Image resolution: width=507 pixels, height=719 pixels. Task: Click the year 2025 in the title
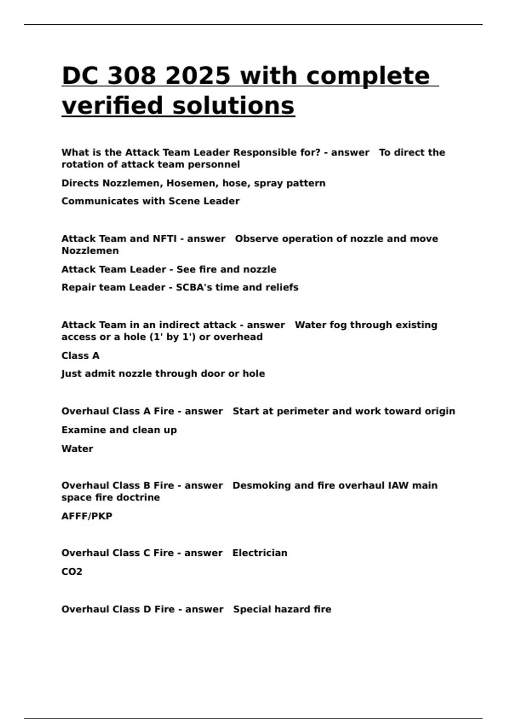coord(198,76)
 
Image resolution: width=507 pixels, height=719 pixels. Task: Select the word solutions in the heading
coord(233,105)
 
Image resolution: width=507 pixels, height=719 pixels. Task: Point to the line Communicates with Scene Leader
coord(150,201)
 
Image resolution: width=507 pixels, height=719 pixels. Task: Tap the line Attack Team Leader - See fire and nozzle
coord(169,269)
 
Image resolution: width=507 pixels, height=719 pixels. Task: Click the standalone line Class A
coord(80,356)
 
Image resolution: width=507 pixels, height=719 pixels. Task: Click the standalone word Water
coord(77,449)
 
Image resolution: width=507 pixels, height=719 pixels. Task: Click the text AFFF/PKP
coord(87,516)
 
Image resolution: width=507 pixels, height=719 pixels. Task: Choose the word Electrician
coord(260,553)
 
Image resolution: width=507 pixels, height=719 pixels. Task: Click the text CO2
coord(72,572)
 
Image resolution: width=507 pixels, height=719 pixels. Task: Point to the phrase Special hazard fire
coord(282,609)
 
